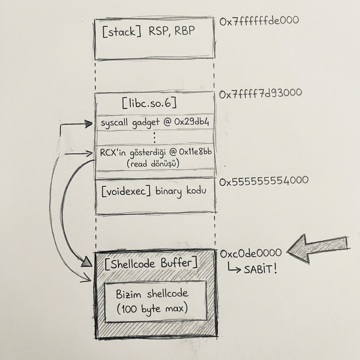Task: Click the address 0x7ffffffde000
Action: point(259,20)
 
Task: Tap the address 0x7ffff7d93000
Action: point(261,94)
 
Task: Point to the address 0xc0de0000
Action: point(251,253)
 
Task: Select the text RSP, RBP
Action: point(172,31)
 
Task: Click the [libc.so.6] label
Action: point(149,104)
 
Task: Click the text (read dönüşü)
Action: point(153,163)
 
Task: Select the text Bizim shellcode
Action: point(152,294)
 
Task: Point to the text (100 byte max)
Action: point(152,309)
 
